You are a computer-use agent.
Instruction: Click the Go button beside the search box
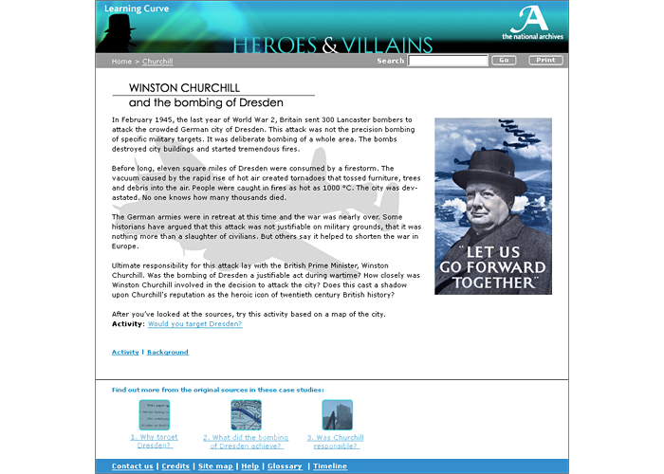pyautogui.click(x=503, y=61)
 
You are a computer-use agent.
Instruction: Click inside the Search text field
pyautogui.click(x=448, y=61)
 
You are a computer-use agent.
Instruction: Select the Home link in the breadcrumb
pyautogui.click(x=121, y=62)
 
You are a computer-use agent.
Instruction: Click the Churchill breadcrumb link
pyautogui.click(x=157, y=62)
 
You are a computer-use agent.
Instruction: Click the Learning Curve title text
pyautogui.click(x=130, y=9)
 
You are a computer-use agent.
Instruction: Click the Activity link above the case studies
pyautogui.click(x=125, y=353)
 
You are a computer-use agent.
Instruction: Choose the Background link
pyautogui.click(x=168, y=353)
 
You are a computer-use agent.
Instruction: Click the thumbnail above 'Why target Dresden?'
pyautogui.click(x=154, y=414)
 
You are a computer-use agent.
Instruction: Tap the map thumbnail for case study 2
pyautogui.click(x=246, y=414)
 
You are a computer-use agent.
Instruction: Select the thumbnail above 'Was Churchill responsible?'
pyautogui.click(x=336, y=414)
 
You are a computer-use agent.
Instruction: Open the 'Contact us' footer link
pyautogui.click(x=132, y=466)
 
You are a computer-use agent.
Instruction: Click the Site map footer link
pyautogui.click(x=215, y=466)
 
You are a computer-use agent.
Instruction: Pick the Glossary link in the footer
pyautogui.click(x=285, y=466)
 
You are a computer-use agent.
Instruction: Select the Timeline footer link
pyautogui.click(x=330, y=466)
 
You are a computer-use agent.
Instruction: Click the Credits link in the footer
pyautogui.click(x=175, y=466)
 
